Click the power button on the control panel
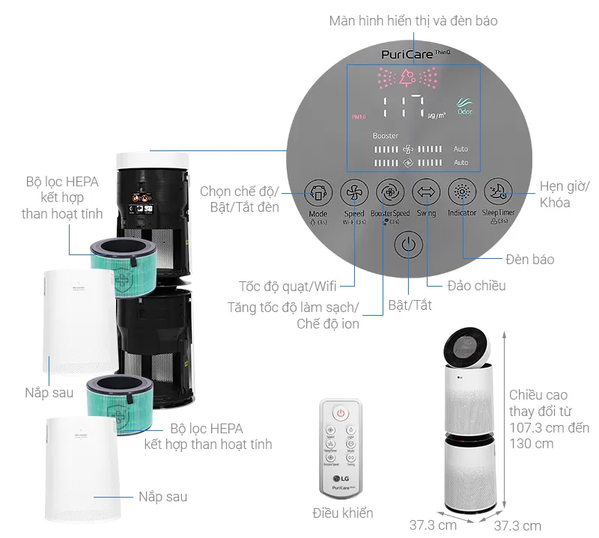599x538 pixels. click(x=407, y=245)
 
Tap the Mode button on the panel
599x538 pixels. click(x=318, y=193)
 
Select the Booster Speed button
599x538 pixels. click(x=390, y=192)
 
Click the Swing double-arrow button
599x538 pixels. click(x=426, y=192)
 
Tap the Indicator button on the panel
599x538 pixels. click(x=462, y=192)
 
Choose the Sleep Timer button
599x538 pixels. click(x=498, y=192)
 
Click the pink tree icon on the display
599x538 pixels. click(x=407, y=77)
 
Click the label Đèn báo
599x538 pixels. click(x=529, y=259)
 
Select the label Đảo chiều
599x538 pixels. click(x=476, y=285)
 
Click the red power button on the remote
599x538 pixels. click(x=341, y=412)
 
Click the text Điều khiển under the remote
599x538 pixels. click(x=342, y=513)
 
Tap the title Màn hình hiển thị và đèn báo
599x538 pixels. click(x=413, y=21)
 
